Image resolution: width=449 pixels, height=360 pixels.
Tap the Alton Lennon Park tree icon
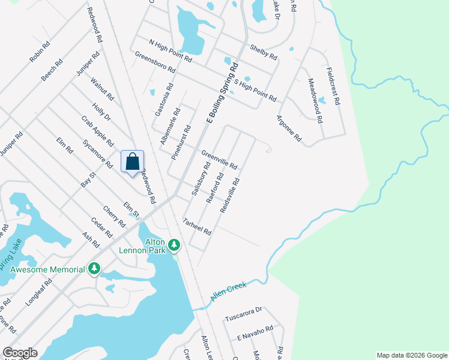[x=174, y=245]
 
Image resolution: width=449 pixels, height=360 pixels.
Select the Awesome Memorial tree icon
[x=94, y=269]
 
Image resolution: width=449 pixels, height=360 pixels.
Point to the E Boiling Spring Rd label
[x=222, y=94]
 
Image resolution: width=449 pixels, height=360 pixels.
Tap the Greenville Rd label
[x=219, y=159]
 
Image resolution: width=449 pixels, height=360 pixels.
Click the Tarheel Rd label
[x=197, y=226]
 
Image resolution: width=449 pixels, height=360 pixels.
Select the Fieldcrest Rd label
[x=333, y=86]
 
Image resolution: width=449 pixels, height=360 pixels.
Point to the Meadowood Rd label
[x=316, y=101]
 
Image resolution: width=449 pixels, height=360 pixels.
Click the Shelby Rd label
[x=264, y=52]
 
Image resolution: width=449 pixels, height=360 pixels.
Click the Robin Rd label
[x=39, y=52]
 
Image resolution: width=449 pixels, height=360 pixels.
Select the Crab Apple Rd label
[x=97, y=131]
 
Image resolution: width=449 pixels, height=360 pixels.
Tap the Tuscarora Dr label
[x=244, y=313]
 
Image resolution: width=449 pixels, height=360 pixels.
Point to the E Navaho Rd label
[x=255, y=329]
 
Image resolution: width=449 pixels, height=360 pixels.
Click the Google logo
[x=20, y=353]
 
